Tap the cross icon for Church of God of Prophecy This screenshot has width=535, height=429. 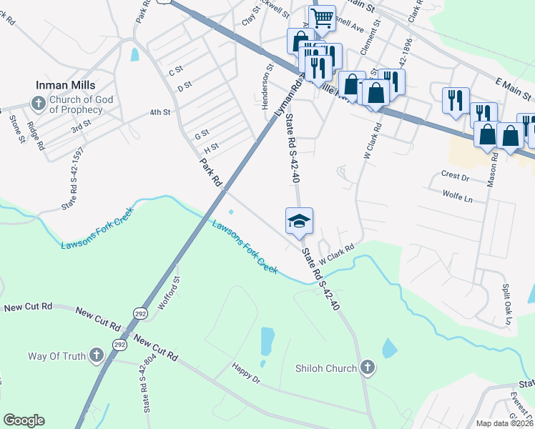point(39,104)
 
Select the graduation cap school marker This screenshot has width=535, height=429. point(300,220)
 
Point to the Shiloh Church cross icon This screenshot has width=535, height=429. point(367,368)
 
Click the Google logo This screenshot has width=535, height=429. point(24,420)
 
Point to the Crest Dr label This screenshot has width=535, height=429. point(455,175)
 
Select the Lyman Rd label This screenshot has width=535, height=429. point(286,102)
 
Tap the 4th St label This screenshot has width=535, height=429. point(159,112)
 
